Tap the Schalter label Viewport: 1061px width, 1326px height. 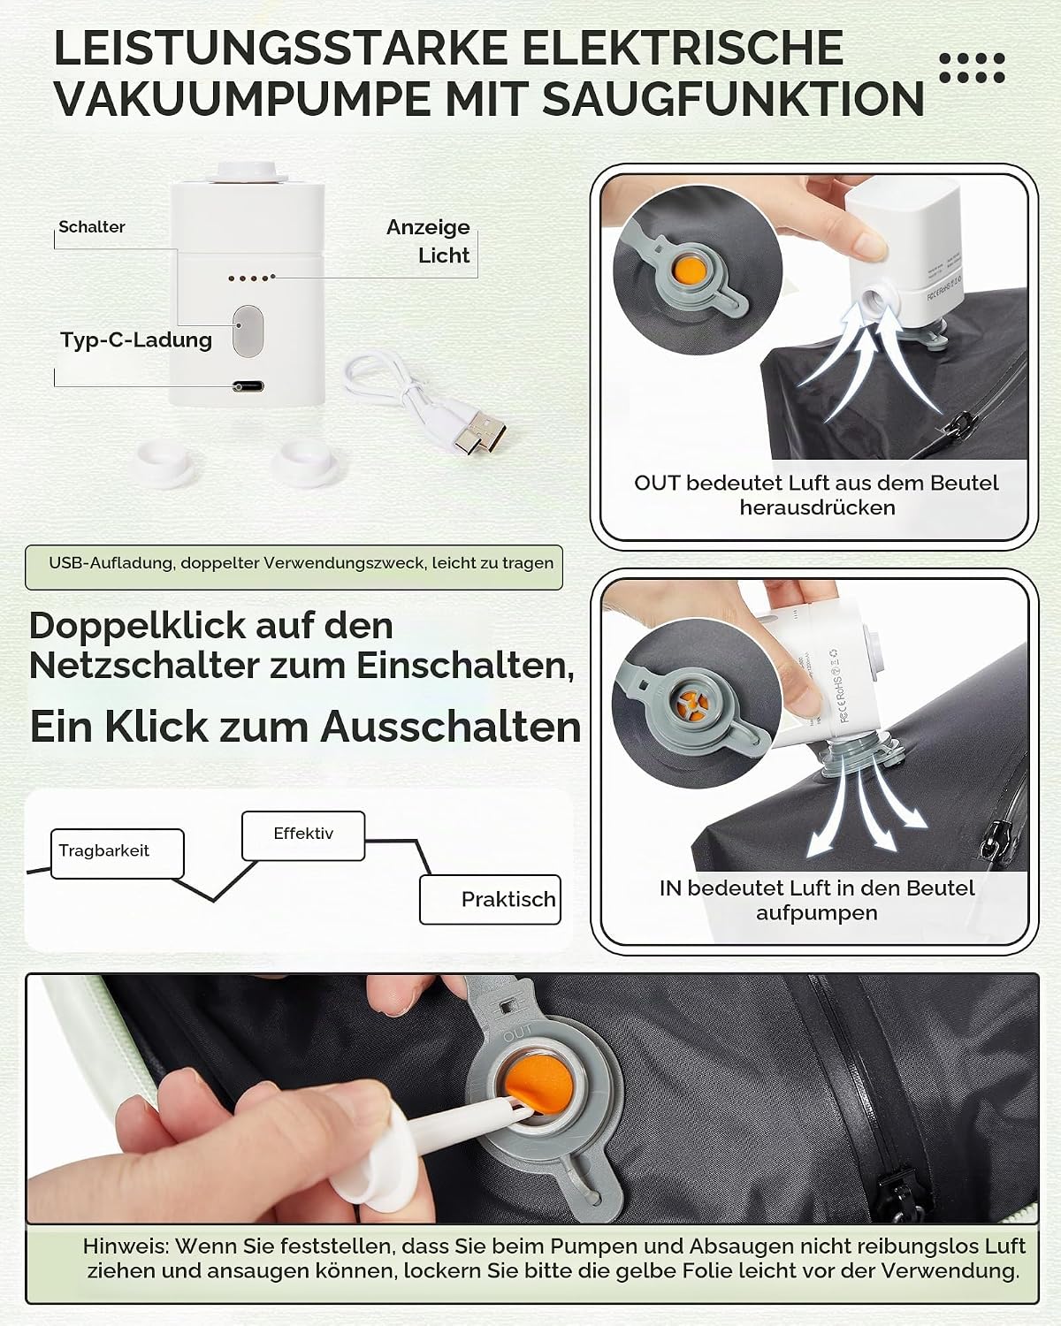(91, 227)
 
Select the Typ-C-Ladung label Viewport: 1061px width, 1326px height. (136, 340)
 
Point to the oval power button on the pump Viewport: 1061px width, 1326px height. (248, 331)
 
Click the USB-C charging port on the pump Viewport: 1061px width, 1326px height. (248, 387)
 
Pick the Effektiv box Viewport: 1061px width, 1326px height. (303, 836)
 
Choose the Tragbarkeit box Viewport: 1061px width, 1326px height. (117, 853)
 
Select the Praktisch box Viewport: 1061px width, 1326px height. (490, 900)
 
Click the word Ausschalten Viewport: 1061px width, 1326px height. (451, 727)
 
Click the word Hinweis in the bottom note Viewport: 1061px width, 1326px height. (126, 1246)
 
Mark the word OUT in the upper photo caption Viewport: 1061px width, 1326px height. (657, 483)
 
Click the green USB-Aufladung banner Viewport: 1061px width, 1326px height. (294, 568)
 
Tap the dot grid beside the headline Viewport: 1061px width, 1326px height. (973, 68)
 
